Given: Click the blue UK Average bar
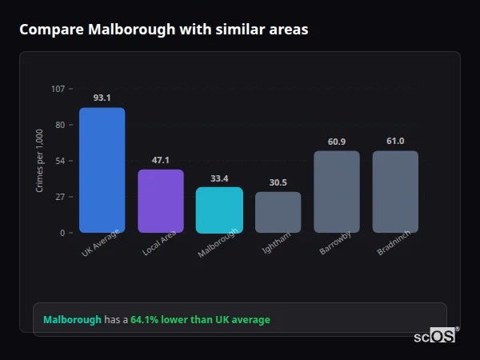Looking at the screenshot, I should coord(102,170).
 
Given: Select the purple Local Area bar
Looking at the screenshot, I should coord(161,201).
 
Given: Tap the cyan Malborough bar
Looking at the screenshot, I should coord(219,210).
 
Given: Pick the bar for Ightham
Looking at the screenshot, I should coord(278,212).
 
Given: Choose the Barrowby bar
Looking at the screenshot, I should coord(337,192).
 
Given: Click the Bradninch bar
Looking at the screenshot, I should coord(395,192).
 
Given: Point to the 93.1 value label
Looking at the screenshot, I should coord(102,98).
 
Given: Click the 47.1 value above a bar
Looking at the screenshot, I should coord(161,160).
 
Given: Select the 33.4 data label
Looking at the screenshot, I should coord(219,178).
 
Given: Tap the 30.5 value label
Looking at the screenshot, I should coord(278,182).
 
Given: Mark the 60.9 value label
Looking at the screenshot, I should coord(337,142).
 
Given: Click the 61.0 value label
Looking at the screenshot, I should coord(395,141).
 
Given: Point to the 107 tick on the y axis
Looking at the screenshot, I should coord(58,89).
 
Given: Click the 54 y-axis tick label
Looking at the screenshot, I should coord(60,161).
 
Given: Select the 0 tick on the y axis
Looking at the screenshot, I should coord(62,233).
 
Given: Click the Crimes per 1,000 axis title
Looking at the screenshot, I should coord(39,160).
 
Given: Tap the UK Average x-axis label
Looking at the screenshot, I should coord(101,242).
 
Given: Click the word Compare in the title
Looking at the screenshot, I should coord(51,29).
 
